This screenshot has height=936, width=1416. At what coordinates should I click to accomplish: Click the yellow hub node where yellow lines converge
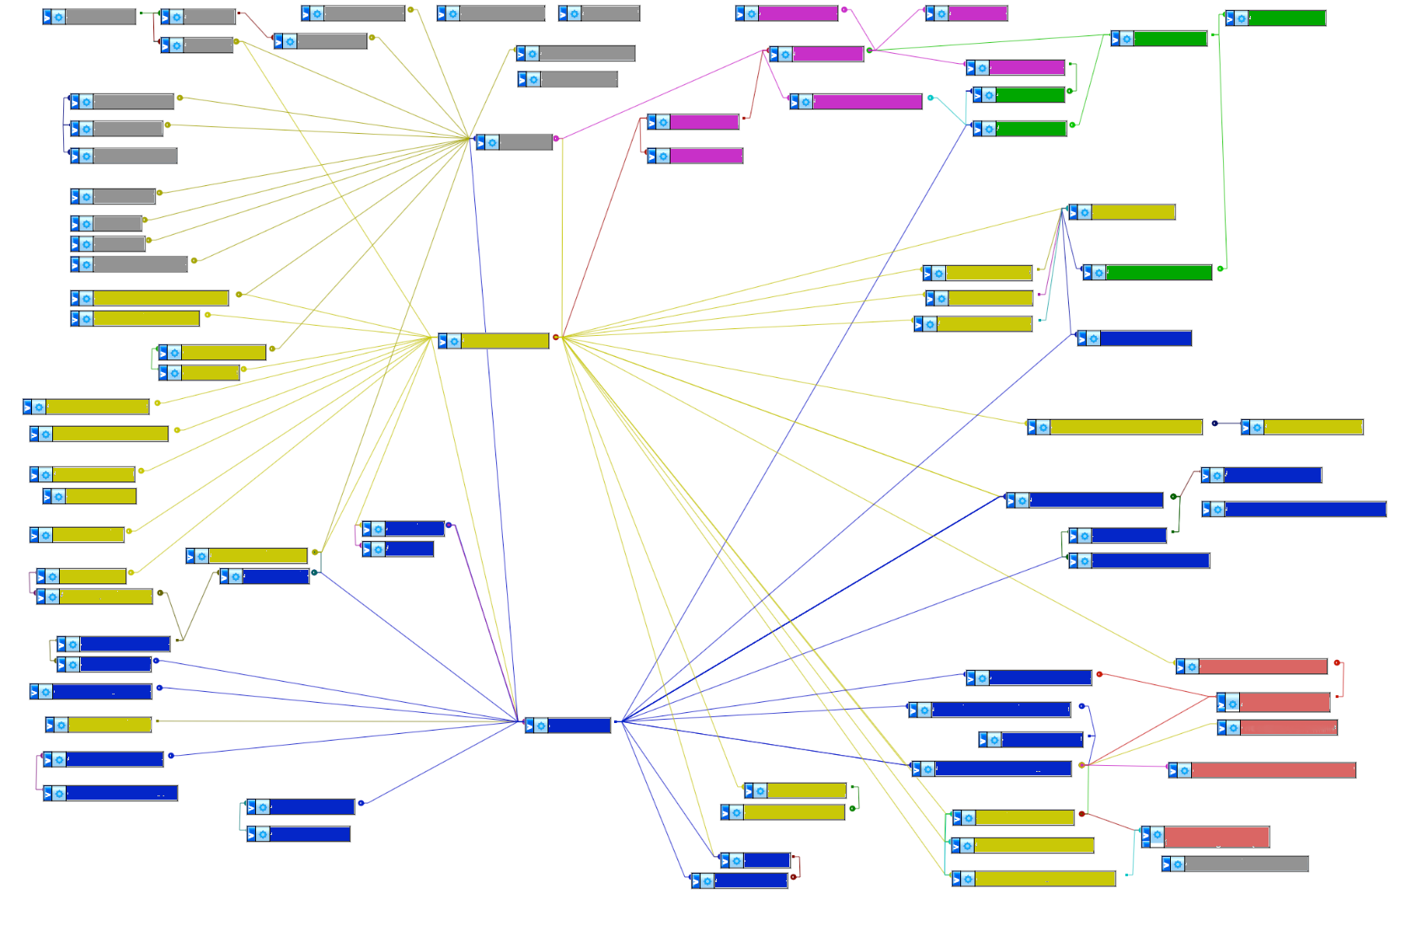tap(504, 341)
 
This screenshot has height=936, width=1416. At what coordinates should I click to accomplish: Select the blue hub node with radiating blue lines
tap(578, 726)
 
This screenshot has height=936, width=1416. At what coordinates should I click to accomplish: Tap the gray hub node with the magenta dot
tap(525, 142)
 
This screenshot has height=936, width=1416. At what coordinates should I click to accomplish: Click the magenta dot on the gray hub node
tap(556, 138)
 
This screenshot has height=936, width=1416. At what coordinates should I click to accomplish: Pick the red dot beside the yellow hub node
tap(555, 338)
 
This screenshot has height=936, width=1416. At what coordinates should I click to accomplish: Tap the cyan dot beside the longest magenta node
tap(930, 98)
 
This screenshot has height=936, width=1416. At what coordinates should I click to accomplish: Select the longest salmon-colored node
tap(1272, 770)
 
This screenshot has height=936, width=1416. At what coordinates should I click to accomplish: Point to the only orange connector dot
tap(1082, 765)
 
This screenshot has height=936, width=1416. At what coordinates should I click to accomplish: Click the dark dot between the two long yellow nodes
tap(1215, 423)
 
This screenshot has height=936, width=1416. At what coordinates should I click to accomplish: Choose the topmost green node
tap(1285, 19)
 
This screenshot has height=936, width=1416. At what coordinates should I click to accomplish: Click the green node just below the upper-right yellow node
tap(1157, 273)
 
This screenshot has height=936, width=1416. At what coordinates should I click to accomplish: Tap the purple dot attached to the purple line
tap(449, 525)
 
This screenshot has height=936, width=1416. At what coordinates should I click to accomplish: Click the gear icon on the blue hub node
tap(541, 726)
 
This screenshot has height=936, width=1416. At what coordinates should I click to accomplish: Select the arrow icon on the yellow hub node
tap(443, 341)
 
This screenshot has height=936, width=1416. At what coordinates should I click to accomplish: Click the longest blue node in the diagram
tap(1304, 509)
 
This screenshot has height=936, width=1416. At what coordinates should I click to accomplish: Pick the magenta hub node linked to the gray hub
tap(827, 54)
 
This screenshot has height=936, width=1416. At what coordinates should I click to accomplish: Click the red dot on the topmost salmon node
tap(1337, 663)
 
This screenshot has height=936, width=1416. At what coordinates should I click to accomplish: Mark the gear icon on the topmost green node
tap(1241, 19)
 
